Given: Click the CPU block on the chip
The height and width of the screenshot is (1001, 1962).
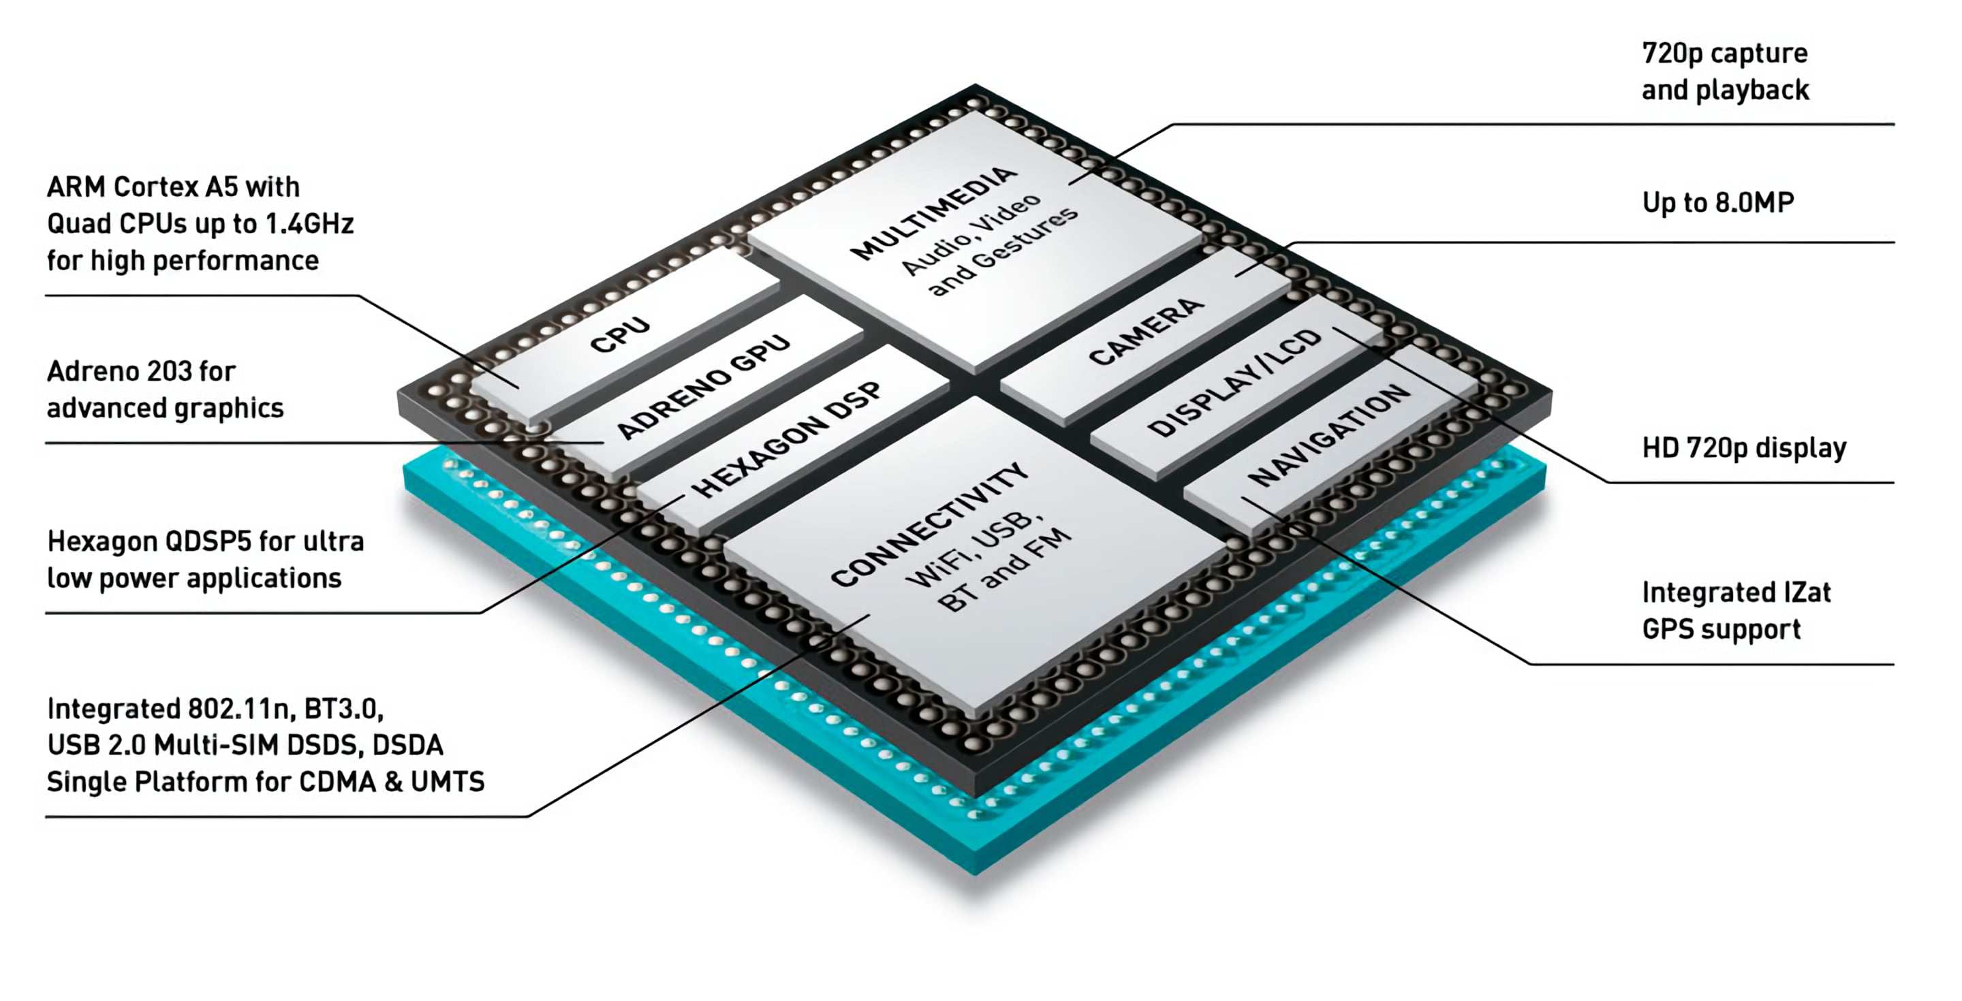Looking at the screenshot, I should click(x=620, y=335).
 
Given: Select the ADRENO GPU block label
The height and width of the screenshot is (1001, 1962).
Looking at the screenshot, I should click(x=702, y=387).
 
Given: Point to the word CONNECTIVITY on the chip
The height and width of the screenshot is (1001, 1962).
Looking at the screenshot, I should click(x=929, y=525).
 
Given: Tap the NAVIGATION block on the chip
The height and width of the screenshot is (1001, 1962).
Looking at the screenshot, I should click(x=1329, y=434).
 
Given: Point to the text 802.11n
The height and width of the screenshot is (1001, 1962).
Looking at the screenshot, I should click(x=240, y=710).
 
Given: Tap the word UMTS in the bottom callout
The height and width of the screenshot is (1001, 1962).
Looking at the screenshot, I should click(x=447, y=782).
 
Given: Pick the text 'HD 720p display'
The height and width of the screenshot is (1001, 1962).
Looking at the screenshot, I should click(x=1743, y=448).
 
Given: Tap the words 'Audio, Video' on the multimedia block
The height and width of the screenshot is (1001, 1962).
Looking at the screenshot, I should click(x=970, y=234).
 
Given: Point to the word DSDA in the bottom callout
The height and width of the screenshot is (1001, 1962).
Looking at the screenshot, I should click(x=407, y=745).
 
